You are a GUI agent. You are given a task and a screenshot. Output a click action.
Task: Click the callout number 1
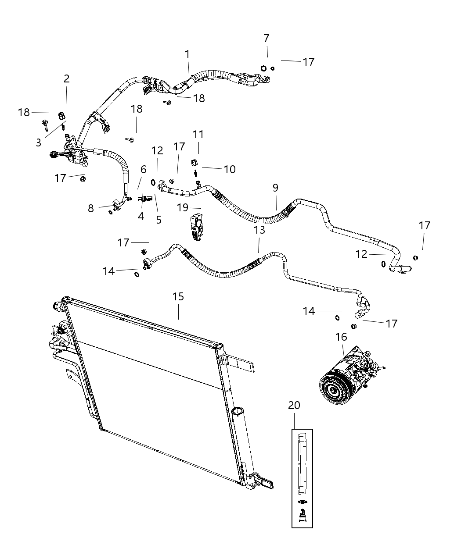(187, 54)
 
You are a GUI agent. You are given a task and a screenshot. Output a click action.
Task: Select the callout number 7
(267, 39)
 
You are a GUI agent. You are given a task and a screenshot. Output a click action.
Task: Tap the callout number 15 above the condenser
(178, 297)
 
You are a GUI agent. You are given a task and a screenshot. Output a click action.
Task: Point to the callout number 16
(341, 337)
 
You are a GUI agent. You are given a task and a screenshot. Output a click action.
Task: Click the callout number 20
(294, 406)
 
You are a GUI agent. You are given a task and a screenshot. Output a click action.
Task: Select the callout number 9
(275, 188)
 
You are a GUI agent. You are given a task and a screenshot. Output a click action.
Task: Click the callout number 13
(259, 230)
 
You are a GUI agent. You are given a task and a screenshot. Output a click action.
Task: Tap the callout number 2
(66, 79)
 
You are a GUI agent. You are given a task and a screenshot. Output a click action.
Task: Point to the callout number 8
(91, 208)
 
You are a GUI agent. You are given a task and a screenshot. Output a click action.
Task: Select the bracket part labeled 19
(196, 225)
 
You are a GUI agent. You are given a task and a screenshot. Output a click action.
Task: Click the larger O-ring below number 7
(264, 68)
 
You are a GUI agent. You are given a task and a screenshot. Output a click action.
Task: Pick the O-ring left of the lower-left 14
(137, 274)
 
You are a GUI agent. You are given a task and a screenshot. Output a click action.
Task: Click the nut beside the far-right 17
(416, 257)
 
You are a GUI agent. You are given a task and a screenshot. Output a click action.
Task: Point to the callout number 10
(230, 169)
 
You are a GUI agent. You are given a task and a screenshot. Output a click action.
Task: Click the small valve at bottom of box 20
(302, 516)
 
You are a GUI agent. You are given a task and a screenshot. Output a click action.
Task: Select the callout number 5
(158, 220)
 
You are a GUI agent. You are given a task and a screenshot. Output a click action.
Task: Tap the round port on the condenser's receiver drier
(237, 411)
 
